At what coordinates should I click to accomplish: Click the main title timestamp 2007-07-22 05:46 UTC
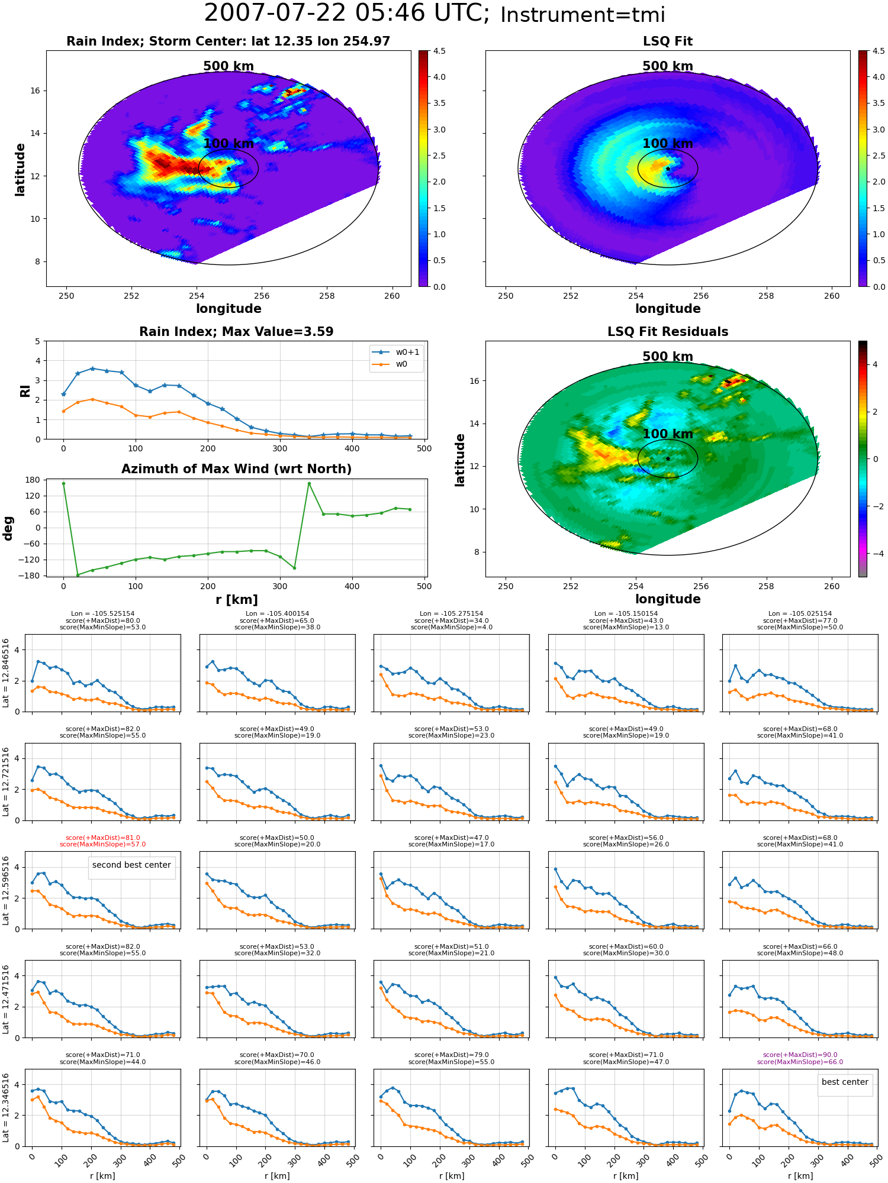pos(346,14)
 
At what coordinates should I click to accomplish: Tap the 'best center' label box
pos(845,1082)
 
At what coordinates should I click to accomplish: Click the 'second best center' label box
pos(131,865)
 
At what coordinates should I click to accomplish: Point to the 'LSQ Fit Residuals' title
pos(668,332)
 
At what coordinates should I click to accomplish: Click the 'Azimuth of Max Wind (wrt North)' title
pos(236,469)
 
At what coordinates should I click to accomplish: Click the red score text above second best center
pos(102,841)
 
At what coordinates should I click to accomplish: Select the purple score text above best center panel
pos(800,1058)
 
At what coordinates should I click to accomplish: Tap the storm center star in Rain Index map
pos(229,169)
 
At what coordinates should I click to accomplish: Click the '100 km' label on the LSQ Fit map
pos(668,144)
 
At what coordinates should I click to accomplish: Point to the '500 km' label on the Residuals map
pos(668,357)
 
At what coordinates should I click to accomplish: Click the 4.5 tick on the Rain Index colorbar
pos(439,51)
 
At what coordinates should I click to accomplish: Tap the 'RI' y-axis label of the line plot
pos(25,391)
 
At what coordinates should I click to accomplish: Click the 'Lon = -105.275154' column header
pos(451,613)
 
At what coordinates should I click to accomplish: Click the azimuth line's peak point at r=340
pos(309,483)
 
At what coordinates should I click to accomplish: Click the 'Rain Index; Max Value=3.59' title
pos(236,332)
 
